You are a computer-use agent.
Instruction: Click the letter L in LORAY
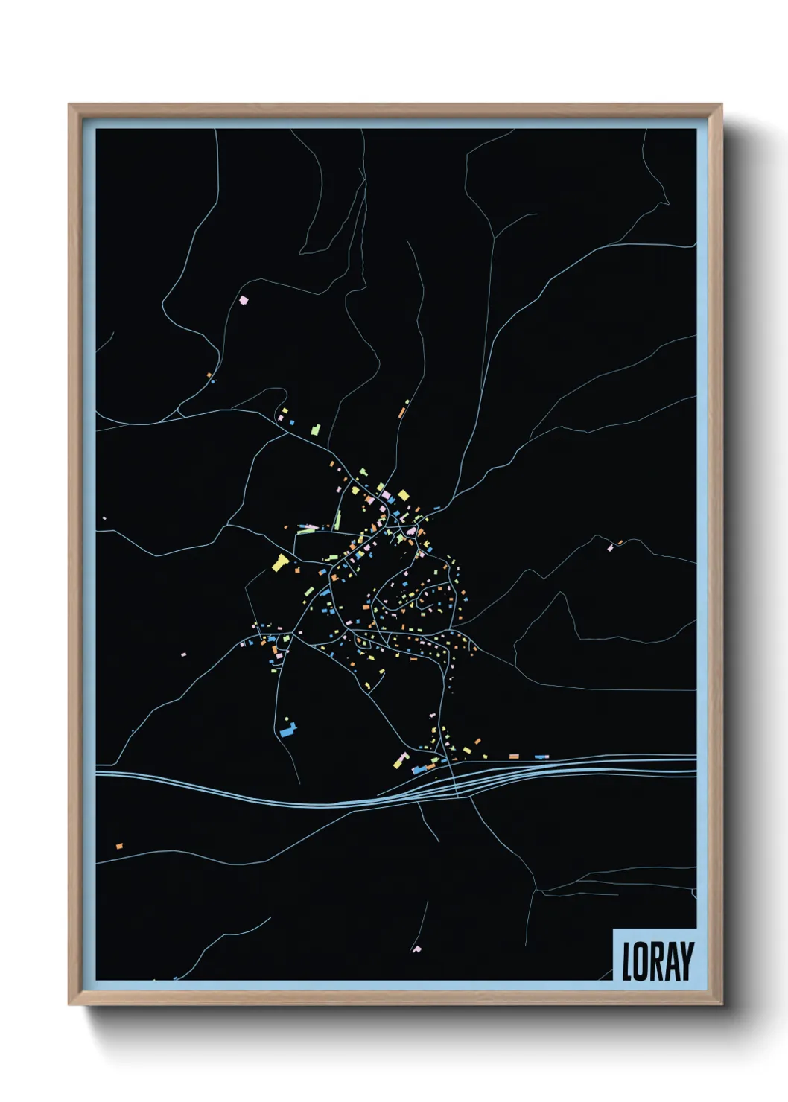tap(628, 961)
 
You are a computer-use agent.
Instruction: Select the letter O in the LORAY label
tap(641, 961)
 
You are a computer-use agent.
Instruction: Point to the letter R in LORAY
tap(656, 961)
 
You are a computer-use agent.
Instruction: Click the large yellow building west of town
tap(280, 562)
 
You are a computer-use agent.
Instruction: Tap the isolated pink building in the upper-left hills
tap(243, 300)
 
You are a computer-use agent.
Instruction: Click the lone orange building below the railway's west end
tap(119, 846)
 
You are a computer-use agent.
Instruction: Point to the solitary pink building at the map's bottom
tap(417, 949)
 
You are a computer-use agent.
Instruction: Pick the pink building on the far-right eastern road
tap(610, 548)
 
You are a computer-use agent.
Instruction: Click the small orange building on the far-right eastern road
tap(620, 542)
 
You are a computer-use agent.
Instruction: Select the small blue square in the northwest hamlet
tap(293, 423)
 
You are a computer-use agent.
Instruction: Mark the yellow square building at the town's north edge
tap(404, 495)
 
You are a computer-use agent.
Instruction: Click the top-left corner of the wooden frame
tap(69, 105)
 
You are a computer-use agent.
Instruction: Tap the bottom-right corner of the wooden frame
tap(722, 1004)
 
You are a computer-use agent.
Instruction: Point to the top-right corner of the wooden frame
tap(722, 105)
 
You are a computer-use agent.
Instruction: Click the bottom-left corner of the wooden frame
tap(69, 1004)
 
